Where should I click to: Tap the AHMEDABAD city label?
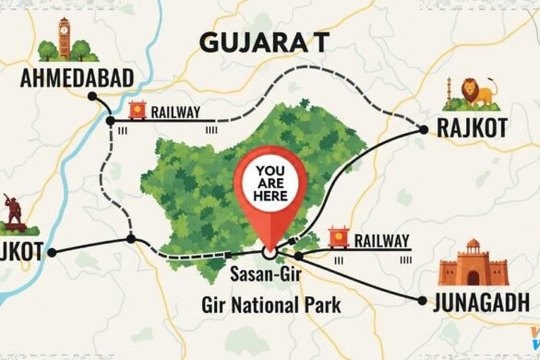coord(77,78)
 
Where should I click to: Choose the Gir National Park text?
coord(270,304)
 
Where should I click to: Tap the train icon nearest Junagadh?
coord(339,239)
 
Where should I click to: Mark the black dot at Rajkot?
coord(424,130)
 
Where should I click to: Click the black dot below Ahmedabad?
coord(109,121)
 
